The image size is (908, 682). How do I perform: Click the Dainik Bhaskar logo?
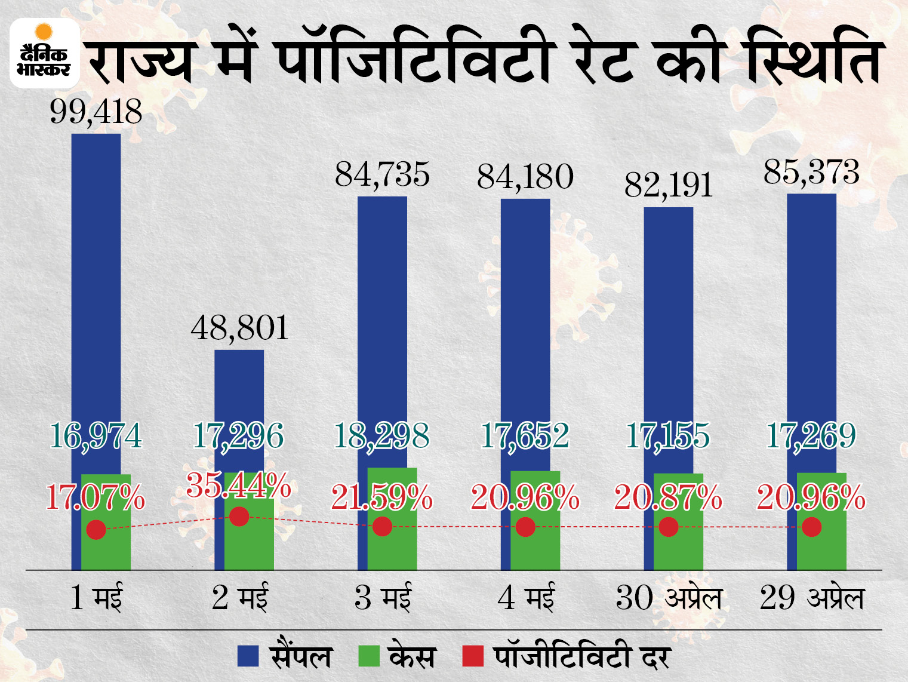point(45,54)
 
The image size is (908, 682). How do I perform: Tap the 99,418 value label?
point(96,112)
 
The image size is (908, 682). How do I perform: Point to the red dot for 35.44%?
point(239,517)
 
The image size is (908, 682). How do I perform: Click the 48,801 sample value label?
point(239,328)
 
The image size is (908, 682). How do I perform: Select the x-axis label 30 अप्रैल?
point(669,598)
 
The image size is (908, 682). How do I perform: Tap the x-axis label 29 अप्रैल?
point(812,598)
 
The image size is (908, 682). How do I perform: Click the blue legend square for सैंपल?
point(248,656)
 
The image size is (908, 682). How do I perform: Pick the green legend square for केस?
point(369,656)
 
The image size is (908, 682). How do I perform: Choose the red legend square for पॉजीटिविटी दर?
point(473,656)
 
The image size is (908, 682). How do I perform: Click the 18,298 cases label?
point(382,436)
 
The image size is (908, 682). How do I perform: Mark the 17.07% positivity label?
point(96,497)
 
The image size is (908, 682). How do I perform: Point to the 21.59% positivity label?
point(382,497)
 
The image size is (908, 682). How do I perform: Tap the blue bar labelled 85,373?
point(811,328)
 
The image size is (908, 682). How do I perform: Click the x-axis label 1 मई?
point(96,598)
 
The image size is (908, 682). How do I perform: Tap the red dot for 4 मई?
point(525,527)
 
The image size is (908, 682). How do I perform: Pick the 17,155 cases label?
point(669,436)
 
